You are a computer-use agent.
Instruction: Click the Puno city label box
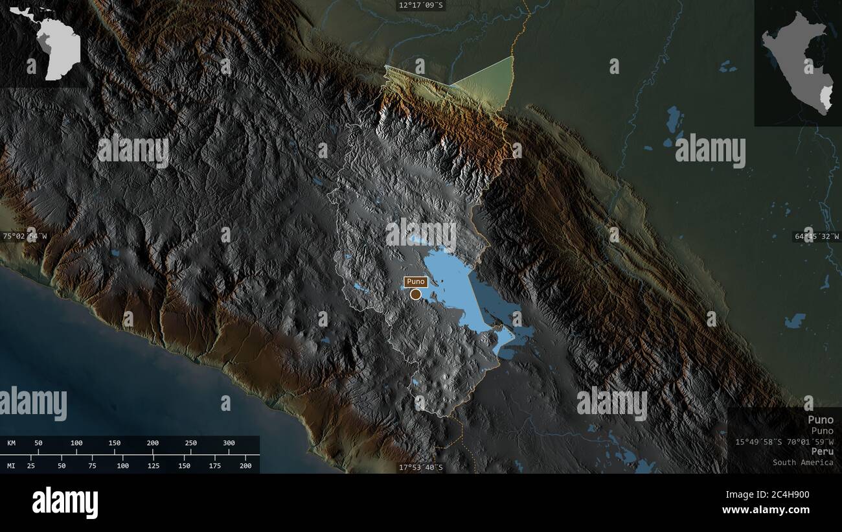[x=415, y=282]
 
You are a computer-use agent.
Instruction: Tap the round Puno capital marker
[x=415, y=294]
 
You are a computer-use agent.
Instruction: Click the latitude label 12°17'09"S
[x=421, y=5]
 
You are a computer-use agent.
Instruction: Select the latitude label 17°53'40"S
[x=421, y=467]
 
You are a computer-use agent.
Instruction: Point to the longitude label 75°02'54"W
[x=25, y=237]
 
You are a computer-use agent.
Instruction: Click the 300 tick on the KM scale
[x=229, y=443]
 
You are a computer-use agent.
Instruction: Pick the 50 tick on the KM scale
[x=38, y=443]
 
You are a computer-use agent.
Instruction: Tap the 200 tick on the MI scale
[x=245, y=465]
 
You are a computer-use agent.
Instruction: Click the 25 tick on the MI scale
[x=30, y=465]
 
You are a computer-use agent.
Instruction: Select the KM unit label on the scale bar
[x=12, y=443]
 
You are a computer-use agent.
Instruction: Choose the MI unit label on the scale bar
[x=12, y=465]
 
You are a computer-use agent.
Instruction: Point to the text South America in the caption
[x=802, y=463]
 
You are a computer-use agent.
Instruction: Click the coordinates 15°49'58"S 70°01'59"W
[x=784, y=441]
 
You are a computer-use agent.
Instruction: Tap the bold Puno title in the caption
[x=821, y=420]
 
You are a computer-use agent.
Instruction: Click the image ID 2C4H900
[x=787, y=495]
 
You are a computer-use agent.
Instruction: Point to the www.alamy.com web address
[x=766, y=510]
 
